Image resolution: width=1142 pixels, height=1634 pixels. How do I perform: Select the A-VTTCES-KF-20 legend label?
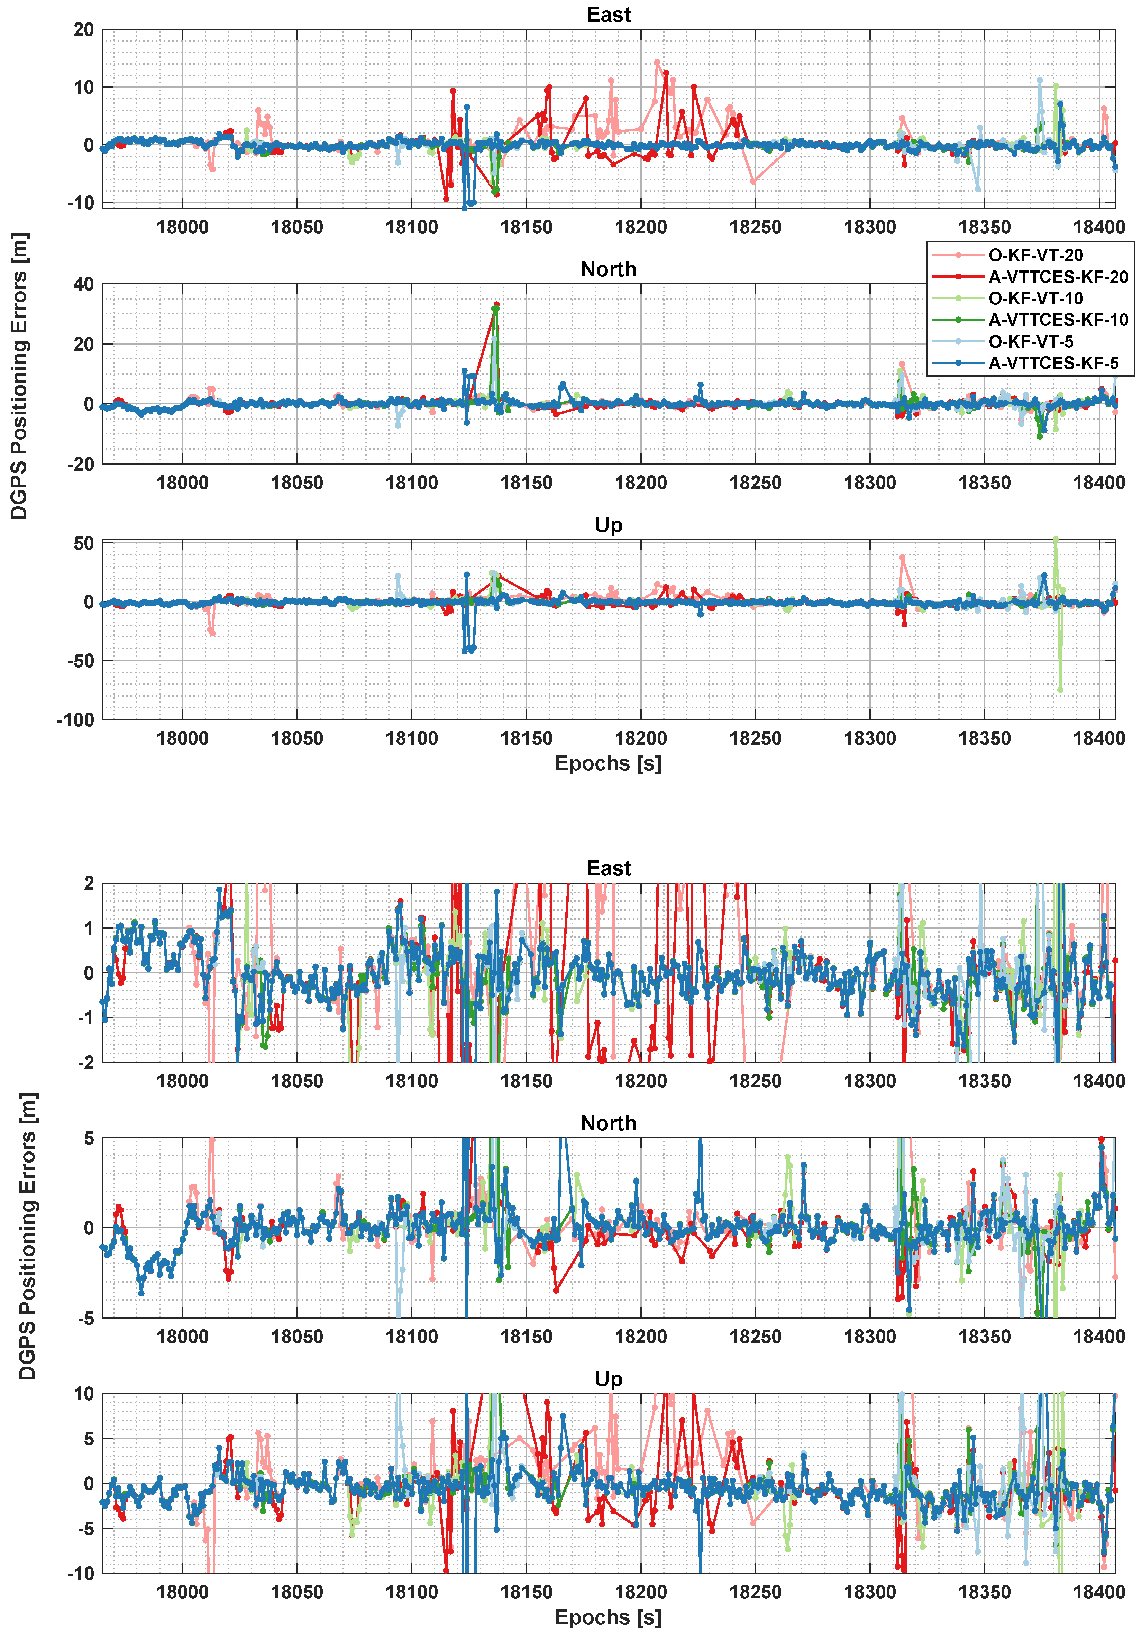pyautogui.click(x=1057, y=277)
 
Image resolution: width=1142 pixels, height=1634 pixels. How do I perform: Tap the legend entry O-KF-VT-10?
pyautogui.click(x=1035, y=298)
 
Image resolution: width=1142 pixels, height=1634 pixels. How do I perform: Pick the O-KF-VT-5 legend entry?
pyautogui.click(x=1030, y=342)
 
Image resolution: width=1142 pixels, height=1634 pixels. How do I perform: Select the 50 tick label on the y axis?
pyautogui.click(x=83, y=544)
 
